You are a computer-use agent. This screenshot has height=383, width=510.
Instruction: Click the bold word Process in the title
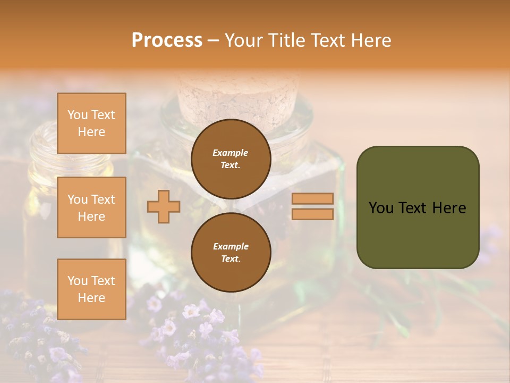point(167,40)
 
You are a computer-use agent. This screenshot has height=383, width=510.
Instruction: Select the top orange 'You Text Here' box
point(91,123)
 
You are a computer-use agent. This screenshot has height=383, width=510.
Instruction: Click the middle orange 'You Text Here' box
point(91,207)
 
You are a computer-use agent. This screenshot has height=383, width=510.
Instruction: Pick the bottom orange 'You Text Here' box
point(91,289)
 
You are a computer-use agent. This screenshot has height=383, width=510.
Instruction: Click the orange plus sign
point(164,206)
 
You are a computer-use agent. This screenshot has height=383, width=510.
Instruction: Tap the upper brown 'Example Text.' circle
point(231,159)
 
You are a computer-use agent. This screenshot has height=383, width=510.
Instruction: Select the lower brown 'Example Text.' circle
point(231,252)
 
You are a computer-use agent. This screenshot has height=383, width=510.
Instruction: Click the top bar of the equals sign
point(312,199)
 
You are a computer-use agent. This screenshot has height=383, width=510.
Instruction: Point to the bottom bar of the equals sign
point(312,214)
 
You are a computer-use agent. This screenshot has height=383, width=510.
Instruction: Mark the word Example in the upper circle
point(231,153)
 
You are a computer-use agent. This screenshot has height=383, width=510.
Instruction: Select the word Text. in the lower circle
point(231,259)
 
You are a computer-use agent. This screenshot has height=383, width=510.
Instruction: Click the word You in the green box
point(381,208)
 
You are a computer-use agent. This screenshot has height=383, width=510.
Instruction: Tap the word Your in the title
point(245,40)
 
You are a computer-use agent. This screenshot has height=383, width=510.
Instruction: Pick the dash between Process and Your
point(214,41)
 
